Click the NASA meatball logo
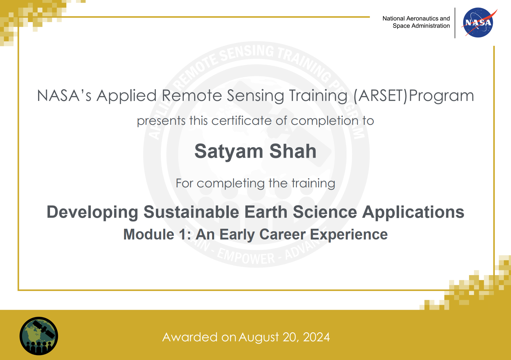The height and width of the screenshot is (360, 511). [478, 23]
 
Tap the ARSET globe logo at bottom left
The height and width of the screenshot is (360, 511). [39, 336]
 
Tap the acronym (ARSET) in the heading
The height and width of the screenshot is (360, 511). [380, 96]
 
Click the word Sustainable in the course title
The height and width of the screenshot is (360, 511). [191, 212]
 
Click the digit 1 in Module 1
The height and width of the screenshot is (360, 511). [182, 235]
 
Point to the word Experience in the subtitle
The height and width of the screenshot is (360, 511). [349, 235]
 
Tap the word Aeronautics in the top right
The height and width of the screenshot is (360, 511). [422, 18]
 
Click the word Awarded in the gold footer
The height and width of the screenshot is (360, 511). [190, 337]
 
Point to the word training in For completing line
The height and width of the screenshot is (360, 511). [313, 183]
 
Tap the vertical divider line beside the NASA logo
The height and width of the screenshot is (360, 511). [455, 23]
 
